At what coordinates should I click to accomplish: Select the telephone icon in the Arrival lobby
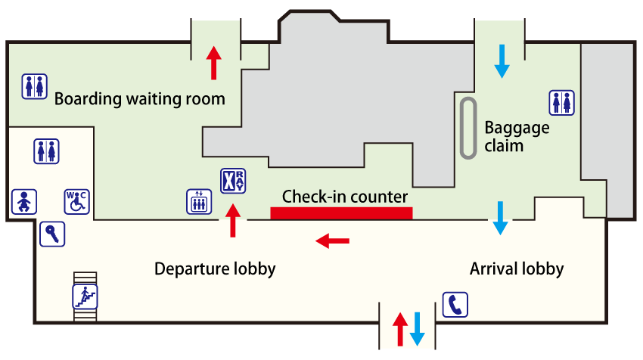click(455, 304)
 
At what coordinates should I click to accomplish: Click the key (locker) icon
click(52, 233)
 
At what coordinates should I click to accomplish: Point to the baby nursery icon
click(24, 202)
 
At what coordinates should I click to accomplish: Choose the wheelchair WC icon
click(76, 201)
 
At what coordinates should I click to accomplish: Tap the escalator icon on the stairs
click(85, 296)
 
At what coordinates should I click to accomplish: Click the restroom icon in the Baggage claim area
click(562, 102)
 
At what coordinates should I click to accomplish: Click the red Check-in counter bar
click(341, 213)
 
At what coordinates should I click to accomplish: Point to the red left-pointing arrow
click(332, 241)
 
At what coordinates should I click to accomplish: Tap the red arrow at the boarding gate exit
click(214, 63)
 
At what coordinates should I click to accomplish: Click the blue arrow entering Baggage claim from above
click(502, 61)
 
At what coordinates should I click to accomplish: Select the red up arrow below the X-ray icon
click(233, 220)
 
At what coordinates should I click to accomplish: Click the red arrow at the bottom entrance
click(400, 329)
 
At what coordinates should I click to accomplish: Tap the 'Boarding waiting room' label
click(139, 99)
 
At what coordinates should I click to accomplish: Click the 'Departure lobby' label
click(214, 268)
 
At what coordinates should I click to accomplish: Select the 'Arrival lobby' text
click(517, 268)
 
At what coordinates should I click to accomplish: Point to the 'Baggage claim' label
click(517, 136)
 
